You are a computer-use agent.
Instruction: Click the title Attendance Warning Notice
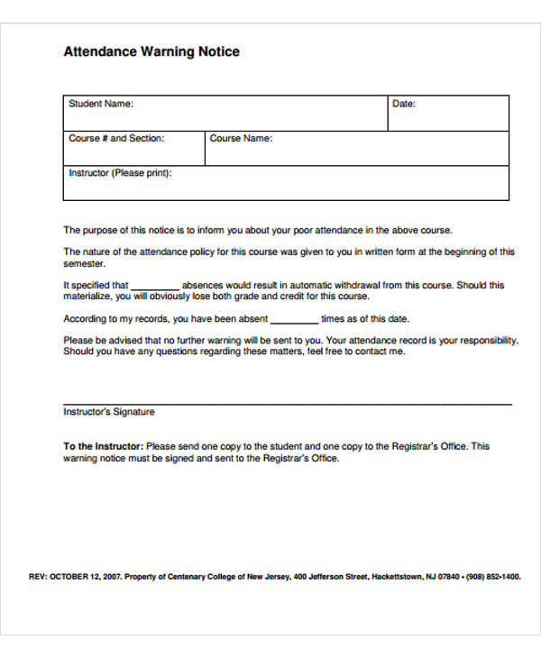pyautogui.click(x=151, y=51)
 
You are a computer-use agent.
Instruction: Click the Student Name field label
pyautogui.click(x=101, y=104)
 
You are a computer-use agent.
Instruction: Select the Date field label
pyautogui.click(x=403, y=104)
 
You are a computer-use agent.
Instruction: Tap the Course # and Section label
pyautogui.click(x=116, y=139)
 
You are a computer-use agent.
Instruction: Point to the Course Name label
pyautogui.click(x=241, y=139)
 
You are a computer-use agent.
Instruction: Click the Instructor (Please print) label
pyautogui.click(x=120, y=172)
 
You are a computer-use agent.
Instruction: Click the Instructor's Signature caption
pyautogui.click(x=108, y=412)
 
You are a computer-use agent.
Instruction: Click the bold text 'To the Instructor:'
pyautogui.click(x=103, y=446)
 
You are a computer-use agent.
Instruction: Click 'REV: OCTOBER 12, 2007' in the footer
pyautogui.click(x=75, y=576)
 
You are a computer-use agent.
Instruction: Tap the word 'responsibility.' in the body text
pyautogui.click(x=487, y=341)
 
